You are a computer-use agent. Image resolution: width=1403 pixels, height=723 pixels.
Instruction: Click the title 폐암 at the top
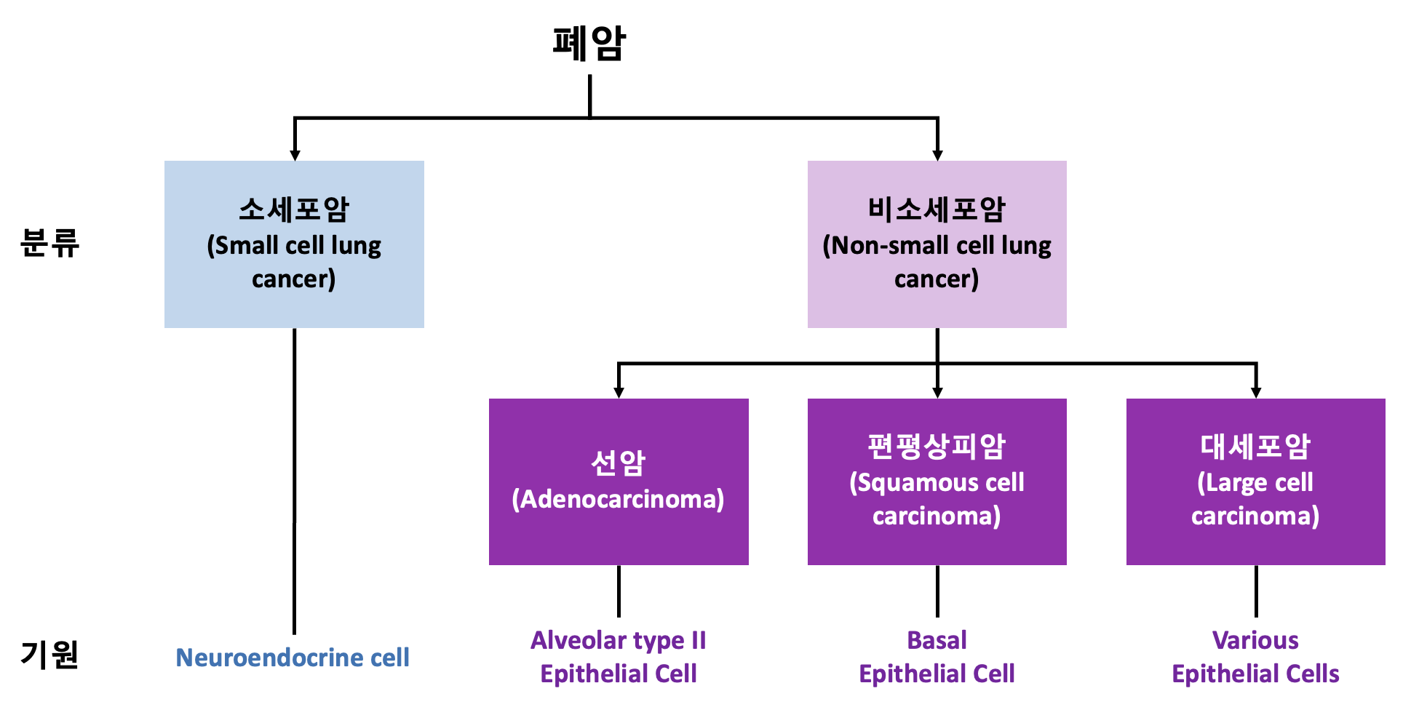point(589,44)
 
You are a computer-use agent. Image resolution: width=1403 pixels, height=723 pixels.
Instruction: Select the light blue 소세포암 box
point(294,244)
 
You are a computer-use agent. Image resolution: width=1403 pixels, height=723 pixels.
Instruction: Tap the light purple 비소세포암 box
point(937,244)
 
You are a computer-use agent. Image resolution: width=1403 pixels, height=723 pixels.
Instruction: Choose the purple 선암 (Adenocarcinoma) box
point(619,482)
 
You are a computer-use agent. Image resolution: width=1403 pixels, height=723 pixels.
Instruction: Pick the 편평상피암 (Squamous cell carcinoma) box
point(937,482)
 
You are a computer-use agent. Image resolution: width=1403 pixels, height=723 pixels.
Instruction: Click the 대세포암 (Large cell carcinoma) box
point(1256,482)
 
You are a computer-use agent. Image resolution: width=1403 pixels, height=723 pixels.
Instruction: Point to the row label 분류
point(49,243)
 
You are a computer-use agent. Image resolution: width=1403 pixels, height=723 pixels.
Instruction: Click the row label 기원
point(49,655)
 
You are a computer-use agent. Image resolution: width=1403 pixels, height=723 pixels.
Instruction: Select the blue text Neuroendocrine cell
point(293,658)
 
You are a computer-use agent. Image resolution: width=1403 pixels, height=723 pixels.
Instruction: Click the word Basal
point(937,640)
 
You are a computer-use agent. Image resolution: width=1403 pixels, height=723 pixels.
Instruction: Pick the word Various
point(1255,640)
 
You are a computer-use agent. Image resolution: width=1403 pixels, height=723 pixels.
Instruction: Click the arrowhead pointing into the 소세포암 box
point(295,155)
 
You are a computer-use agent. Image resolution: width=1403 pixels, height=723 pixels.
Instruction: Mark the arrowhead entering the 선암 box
point(619,393)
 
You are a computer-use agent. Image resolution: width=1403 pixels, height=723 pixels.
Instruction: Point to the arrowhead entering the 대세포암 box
point(1256,393)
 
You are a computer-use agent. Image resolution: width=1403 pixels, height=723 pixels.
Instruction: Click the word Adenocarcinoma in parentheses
point(619,499)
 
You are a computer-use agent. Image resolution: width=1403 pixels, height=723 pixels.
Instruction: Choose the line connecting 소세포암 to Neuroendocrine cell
point(294,482)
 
